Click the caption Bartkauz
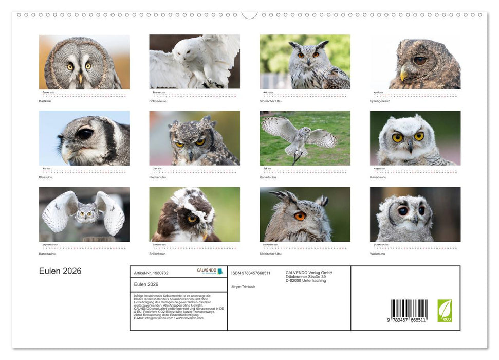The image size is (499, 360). pos(45,101)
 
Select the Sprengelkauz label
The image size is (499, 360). pos(380,101)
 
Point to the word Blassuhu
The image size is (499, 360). pos(45,177)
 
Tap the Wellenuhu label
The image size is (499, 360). pos(377,254)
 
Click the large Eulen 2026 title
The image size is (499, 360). pos(60,271)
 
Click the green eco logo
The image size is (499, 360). pos(445,311)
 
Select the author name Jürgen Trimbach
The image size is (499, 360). pos(243,287)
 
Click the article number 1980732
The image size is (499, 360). pos(151,273)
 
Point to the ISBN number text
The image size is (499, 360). pos(251,273)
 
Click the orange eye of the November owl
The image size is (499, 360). pos(300,216)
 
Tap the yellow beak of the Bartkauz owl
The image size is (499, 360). pos(80,78)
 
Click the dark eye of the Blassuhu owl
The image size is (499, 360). pos(84,134)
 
